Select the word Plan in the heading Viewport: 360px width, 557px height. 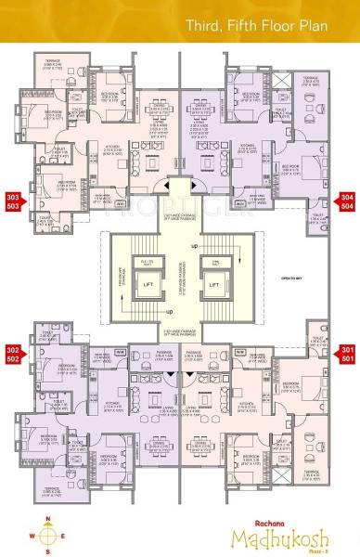click(x=329, y=19)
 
